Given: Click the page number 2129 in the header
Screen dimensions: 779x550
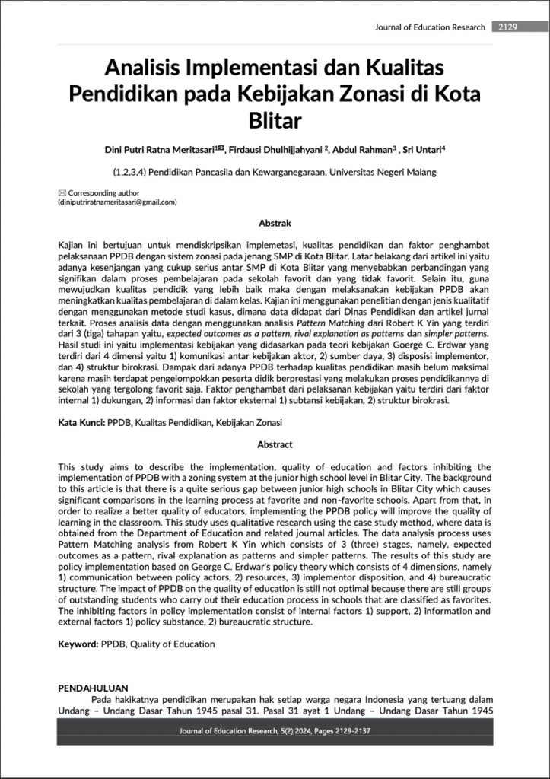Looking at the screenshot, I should coord(507,27).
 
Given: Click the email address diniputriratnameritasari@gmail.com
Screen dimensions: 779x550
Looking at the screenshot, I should coord(118,203).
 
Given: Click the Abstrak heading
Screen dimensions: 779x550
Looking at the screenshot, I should coord(275,224).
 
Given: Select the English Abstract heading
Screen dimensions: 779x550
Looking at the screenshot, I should coord(275,445).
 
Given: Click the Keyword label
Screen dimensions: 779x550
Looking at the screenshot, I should coord(78,644).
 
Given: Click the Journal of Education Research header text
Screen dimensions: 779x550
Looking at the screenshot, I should coord(430,27).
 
